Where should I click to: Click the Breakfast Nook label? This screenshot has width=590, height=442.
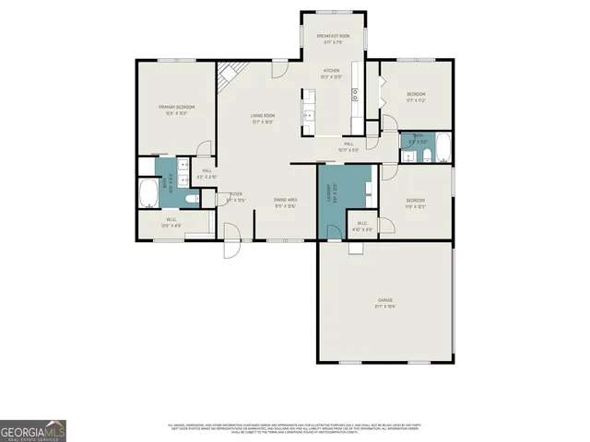[331, 37]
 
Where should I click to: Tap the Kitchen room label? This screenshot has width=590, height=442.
[331, 73]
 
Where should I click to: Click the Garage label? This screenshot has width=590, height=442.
[385, 303]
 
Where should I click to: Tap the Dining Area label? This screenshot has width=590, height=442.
[285, 202]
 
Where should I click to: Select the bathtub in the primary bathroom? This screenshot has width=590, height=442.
[148, 194]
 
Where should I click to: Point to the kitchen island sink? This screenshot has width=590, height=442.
[309, 116]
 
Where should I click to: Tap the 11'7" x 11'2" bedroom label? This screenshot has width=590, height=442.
[417, 98]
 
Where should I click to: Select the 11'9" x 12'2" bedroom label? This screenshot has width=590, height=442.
[416, 203]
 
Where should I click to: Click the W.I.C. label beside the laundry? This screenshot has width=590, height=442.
[362, 227]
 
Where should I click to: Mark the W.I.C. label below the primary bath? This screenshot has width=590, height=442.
[171, 222]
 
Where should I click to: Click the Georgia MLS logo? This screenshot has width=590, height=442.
[33, 430]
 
